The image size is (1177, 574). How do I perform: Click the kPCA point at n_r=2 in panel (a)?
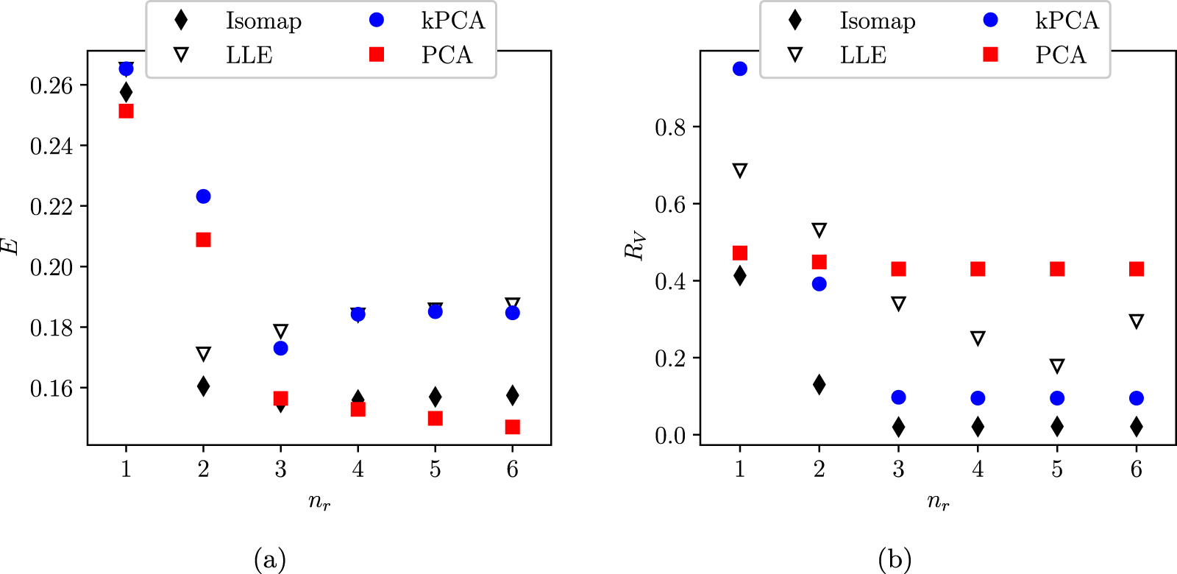203,196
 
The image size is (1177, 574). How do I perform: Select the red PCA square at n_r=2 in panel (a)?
203,240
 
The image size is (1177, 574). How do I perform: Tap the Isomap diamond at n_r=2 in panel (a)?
203,386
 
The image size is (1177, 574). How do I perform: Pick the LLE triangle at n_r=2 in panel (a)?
203,354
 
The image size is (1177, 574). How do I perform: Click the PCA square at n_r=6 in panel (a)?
513,427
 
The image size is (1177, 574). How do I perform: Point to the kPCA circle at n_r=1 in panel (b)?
740,69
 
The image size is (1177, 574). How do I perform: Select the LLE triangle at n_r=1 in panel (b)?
740,171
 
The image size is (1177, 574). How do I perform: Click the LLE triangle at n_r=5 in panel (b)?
1057,366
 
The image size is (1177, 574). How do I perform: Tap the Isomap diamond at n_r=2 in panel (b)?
819,384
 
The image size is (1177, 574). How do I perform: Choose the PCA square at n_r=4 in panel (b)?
978,269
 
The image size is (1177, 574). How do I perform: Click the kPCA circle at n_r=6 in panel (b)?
1137,398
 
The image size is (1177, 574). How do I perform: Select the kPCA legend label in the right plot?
1067,21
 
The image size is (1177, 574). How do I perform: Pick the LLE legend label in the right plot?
863,55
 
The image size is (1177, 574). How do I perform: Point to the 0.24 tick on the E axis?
51,146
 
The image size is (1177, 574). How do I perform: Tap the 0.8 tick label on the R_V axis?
669,128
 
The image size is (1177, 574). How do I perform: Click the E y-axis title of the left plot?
10,247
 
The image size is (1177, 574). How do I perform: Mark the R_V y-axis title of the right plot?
634,247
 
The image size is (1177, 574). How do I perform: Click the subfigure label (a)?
269,560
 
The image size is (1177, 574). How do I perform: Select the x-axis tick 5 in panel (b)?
1057,469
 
